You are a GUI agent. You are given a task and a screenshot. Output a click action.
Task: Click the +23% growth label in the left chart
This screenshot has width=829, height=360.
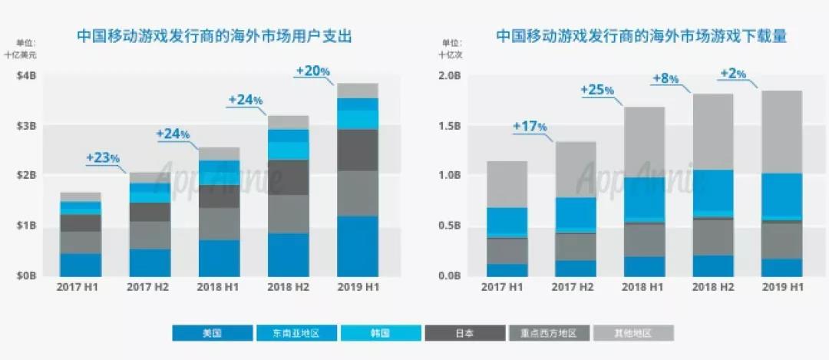coord(103,158)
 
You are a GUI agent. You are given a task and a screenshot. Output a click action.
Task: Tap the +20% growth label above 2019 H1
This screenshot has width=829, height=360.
coord(313,71)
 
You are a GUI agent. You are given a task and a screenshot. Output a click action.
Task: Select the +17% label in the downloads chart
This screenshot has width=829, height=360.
coord(530,126)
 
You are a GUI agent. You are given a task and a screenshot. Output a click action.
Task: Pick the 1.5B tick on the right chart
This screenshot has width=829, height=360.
coord(449,126)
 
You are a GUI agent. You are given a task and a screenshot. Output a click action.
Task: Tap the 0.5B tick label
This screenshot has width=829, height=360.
coord(449,226)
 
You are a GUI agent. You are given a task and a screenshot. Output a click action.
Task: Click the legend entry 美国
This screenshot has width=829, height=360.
coord(213,333)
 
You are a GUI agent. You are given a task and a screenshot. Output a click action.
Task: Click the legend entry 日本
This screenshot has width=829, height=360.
coord(465,333)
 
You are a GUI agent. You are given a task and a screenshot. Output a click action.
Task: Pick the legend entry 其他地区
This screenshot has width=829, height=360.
coord(633,333)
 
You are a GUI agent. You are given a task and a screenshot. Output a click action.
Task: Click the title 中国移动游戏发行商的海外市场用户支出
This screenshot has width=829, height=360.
coord(213,35)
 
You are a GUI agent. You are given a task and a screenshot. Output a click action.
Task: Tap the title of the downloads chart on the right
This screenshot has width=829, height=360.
coord(641,35)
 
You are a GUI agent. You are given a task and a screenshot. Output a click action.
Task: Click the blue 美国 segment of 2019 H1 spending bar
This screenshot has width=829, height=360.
coord(358,246)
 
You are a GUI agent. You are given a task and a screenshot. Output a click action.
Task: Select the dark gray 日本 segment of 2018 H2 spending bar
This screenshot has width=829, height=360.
coord(289,177)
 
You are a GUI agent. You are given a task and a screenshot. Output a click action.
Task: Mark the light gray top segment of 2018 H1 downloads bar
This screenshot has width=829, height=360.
coord(644,142)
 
